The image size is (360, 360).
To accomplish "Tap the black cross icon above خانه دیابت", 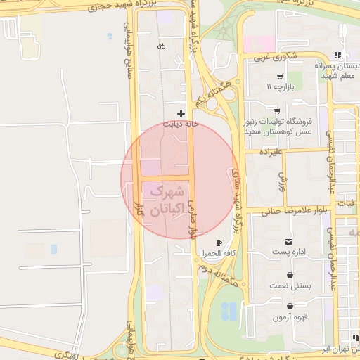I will coord(181,112).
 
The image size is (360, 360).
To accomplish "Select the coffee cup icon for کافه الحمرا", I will coord(219,243).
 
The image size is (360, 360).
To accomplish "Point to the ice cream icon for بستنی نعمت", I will coord(290,276).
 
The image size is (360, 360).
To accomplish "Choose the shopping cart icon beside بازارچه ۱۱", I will coord(280,77).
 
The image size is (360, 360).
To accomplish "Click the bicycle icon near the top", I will coord(162,46).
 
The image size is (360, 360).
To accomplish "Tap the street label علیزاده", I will coord(271,151).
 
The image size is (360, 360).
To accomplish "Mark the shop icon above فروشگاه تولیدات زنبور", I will coord(277,110).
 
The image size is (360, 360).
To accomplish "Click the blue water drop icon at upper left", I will coord(109,35).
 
